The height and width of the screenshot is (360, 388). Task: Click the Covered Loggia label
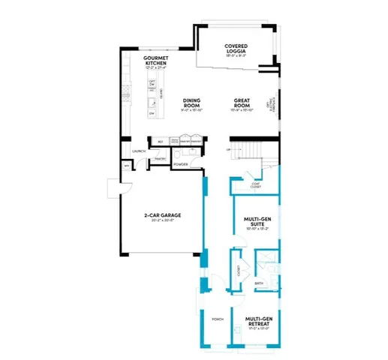click(236, 49)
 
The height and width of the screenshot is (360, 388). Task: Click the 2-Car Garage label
click(162, 216)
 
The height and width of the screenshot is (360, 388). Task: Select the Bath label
click(259, 283)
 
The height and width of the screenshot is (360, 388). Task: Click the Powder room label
click(180, 163)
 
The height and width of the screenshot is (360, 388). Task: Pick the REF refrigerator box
click(160, 141)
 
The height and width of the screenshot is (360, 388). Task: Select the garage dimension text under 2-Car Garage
click(162, 221)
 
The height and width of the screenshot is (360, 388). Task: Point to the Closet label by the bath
click(239, 270)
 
